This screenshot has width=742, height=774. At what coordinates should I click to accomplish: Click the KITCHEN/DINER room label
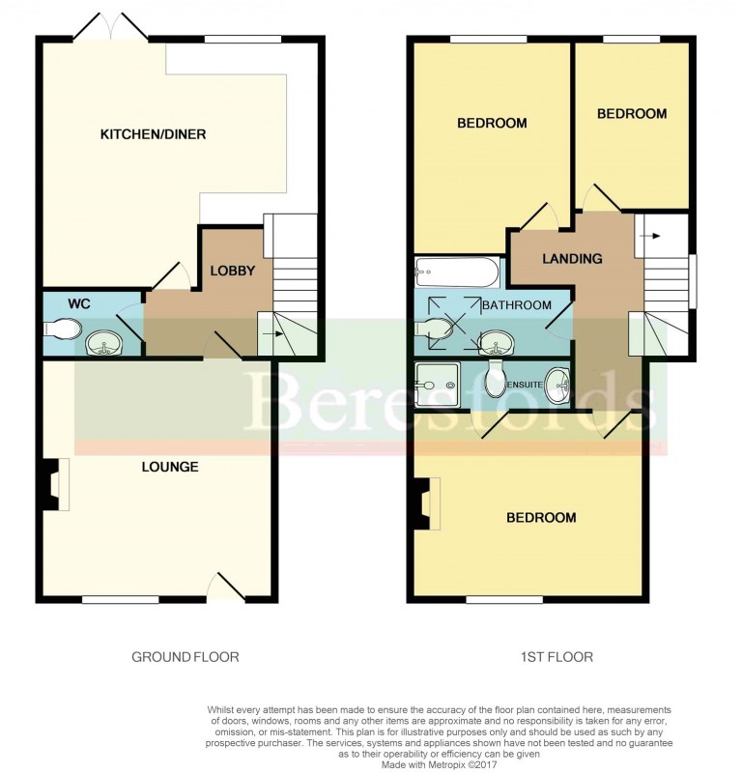(154, 134)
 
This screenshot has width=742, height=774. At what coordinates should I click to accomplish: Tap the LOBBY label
(234, 271)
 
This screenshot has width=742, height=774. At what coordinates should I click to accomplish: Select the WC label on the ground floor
(79, 304)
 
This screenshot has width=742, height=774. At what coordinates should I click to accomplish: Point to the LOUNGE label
(169, 467)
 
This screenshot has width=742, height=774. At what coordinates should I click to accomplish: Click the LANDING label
(572, 259)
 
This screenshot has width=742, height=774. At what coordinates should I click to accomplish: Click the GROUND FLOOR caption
(185, 657)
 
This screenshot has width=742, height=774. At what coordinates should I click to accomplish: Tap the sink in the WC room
(100, 342)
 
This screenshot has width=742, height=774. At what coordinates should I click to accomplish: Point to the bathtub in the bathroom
(456, 272)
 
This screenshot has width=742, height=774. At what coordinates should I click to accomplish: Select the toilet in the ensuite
(496, 379)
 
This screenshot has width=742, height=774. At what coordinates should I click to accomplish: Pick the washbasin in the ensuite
(557, 385)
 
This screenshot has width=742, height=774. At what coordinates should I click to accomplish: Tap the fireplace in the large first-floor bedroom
(425, 504)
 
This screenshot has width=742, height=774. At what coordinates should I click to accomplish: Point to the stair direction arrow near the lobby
(276, 334)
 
